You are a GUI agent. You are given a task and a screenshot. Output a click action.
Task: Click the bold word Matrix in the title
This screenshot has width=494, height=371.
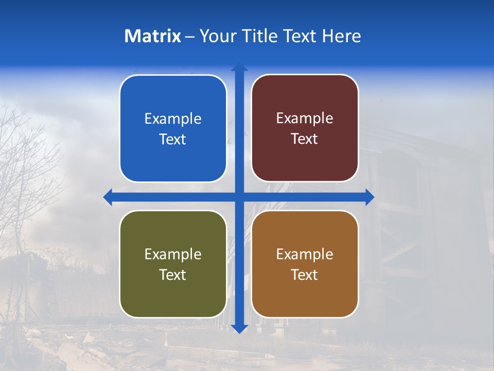click(152, 36)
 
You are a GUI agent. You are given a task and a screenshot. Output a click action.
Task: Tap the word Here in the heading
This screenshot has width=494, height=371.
click(341, 36)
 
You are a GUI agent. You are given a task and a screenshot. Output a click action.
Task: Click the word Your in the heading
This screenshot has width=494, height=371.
click(217, 36)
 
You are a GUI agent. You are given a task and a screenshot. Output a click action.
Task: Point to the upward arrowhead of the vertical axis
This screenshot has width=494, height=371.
click(239, 67)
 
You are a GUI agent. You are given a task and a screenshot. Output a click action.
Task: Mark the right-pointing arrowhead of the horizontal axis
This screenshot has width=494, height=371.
click(369, 197)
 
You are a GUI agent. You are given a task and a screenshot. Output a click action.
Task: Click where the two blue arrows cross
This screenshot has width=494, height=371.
click(239, 197)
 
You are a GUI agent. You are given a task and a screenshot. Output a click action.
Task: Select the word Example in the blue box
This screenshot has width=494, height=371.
click(173, 119)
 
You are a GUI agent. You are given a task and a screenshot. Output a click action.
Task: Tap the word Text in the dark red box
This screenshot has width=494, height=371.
click(305, 139)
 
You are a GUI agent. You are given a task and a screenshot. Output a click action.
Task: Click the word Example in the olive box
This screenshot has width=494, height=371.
click(173, 255)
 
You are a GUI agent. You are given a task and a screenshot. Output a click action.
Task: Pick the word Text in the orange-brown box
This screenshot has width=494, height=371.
click(305, 275)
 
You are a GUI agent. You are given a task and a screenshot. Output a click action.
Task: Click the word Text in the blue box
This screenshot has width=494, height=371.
click(173, 140)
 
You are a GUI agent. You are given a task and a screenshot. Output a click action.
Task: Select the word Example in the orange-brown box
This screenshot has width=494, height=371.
click(305, 255)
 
